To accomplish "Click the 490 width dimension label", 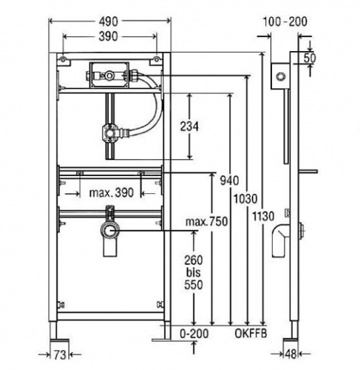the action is [109, 21].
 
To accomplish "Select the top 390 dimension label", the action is [109, 37].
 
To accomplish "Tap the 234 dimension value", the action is [189, 127].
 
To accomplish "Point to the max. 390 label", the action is [112, 192].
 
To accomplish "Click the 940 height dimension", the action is [229, 181].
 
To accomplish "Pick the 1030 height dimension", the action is [245, 198].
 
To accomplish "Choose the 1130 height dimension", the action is [263, 216].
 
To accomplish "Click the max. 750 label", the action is [206, 221].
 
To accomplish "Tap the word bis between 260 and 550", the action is [194, 272].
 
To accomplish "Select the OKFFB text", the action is [251, 334].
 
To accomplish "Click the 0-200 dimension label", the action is [194, 334].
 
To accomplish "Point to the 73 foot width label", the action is [60, 354].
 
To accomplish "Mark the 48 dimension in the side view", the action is [291, 354].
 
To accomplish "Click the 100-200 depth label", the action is [285, 21].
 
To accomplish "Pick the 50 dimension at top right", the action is [310, 58].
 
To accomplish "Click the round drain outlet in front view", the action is [109, 230].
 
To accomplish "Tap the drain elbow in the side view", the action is [280, 240].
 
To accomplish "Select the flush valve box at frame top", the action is [109, 75].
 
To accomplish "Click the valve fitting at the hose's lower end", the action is [110, 133].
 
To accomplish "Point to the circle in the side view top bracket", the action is [280, 76].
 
